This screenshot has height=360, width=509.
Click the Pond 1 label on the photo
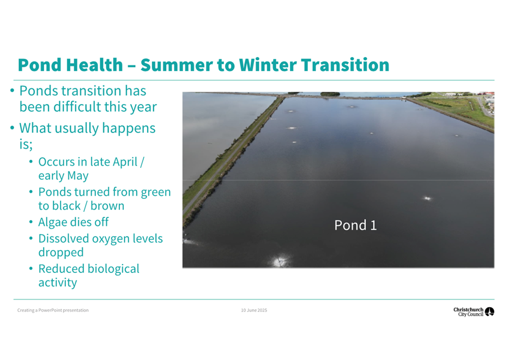click(355, 225)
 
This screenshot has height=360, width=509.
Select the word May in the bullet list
click(78, 176)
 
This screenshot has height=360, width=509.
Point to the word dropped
click(61, 253)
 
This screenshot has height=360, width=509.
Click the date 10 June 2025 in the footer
click(254, 310)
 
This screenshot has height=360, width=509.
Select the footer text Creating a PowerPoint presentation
click(53, 310)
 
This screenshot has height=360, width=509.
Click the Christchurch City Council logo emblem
click(489, 312)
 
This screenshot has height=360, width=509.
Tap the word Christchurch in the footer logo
click(469, 310)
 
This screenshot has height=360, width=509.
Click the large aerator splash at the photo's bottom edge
click(280, 261)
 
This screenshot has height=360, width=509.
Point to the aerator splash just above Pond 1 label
click(427, 198)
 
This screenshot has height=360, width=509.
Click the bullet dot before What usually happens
click(13, 127)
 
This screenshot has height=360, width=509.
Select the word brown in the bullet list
click(107, 206)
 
